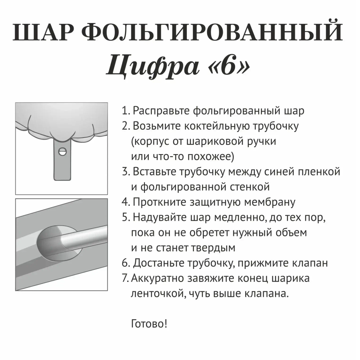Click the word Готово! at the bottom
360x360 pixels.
(x=149, y=324)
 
